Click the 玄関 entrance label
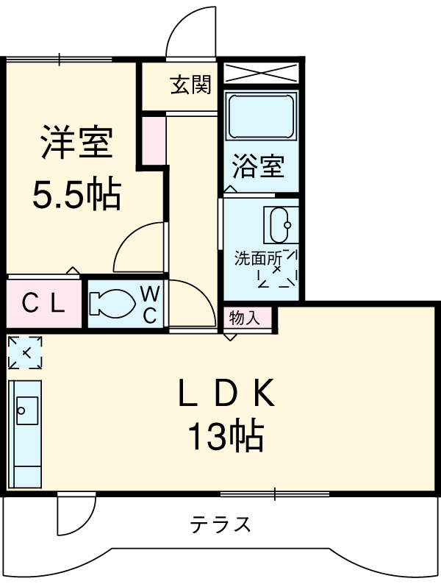[x=191, y=86]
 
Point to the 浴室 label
[x=258, y=166]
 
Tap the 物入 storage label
[x=244, y=318]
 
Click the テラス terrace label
[x=221, y=524]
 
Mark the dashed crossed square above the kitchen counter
[x=24, y=352]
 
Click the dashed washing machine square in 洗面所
[x=277, y=270]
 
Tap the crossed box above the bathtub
[x=261, y=74]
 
